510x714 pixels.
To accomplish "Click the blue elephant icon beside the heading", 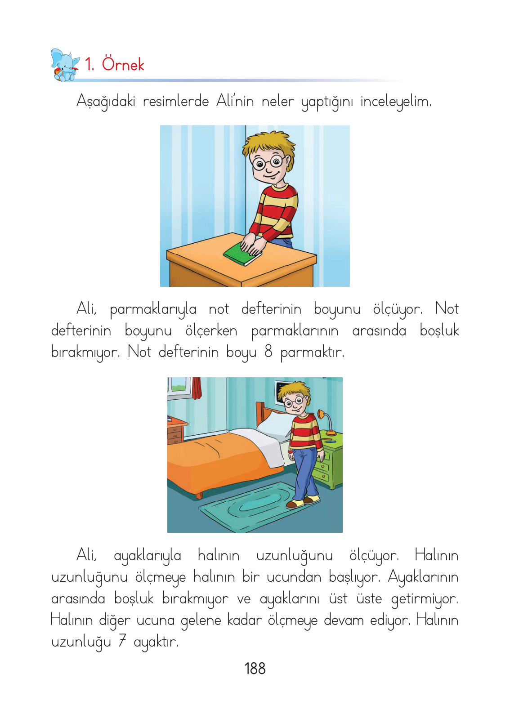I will (x=65, y=65).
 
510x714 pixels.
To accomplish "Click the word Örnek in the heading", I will (x=123, y=64).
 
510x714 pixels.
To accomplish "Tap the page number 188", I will (x=255, y=669).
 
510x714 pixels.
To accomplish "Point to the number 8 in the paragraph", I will (x=268, y=351).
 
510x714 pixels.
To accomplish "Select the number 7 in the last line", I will (x=122, y=641).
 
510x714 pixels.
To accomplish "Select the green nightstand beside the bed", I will (x=331, y=463).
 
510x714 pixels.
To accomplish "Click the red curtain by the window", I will (x=197, y=388).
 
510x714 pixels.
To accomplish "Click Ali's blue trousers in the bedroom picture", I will (x=306, y=472).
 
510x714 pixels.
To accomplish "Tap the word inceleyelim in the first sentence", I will (x=396, y=102).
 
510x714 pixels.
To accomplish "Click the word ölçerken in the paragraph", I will (x=211, y=330).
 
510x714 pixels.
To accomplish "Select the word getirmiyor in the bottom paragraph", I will (x=424, y=598).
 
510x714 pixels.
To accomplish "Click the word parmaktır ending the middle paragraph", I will (x=312, y=352).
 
